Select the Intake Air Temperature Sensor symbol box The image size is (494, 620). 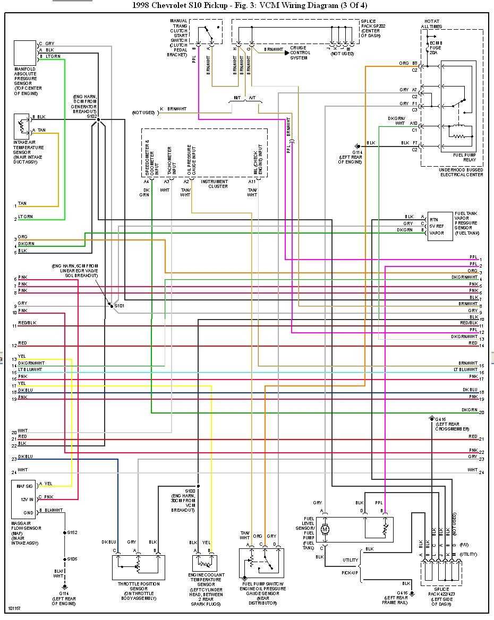22,126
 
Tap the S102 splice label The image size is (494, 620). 92,115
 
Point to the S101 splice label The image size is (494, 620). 120,306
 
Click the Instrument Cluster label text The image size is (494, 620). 215,184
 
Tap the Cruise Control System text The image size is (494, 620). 300,53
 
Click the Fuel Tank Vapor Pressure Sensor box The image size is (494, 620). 440,225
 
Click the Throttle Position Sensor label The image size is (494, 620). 137,591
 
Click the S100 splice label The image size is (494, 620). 190,491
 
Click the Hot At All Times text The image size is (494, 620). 431,24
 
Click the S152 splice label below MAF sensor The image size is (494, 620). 72,532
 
